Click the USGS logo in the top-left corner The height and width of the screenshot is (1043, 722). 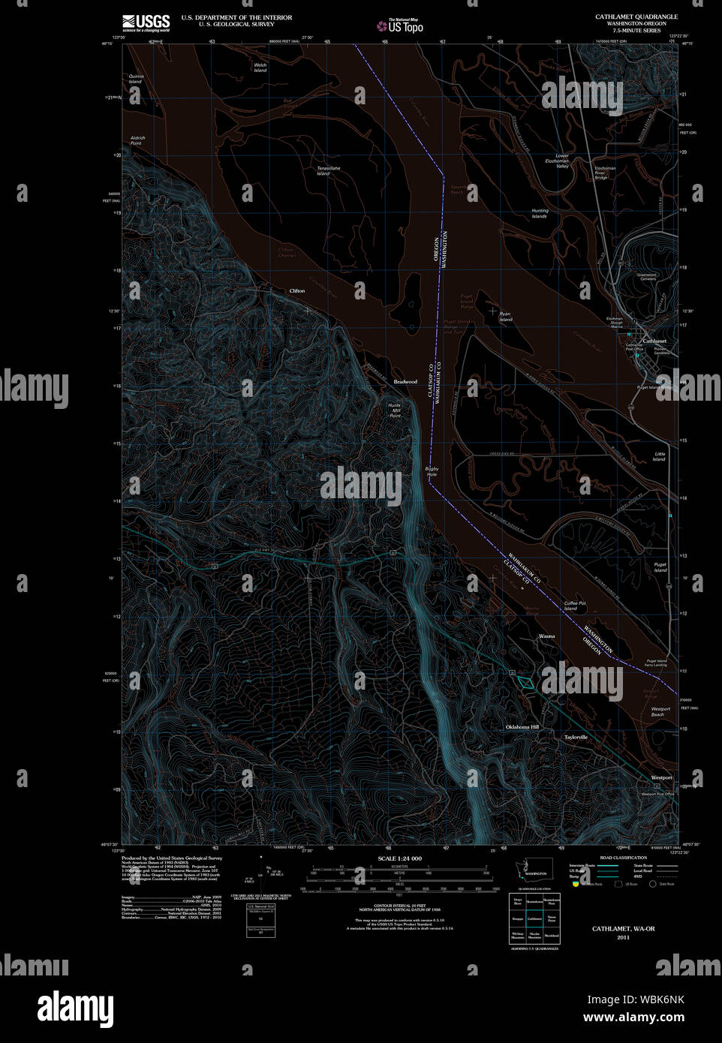(146, 23)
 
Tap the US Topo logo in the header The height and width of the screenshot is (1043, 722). (401, 26)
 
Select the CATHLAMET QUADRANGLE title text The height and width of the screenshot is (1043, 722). (636, 17)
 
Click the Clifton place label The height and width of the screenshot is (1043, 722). (297, 290)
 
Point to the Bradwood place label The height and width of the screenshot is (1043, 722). (405, 382)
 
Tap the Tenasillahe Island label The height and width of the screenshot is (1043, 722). (328, 171)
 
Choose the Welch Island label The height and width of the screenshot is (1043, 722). (260, 68)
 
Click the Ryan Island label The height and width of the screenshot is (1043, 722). (506, 317)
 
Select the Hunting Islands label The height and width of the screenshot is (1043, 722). (540, 213)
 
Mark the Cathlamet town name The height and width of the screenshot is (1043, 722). (654, 341)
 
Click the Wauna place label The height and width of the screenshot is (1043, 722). (547, 636)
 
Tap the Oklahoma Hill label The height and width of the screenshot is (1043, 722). (522, 727)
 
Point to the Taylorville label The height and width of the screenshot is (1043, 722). (576, 737)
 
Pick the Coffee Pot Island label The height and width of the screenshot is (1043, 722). (575, 606)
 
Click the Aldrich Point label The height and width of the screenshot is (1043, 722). (137, 140)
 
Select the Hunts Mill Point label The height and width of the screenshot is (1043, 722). (395, 410)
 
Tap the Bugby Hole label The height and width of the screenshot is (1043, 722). (432, 471)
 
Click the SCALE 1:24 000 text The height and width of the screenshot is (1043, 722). (399, 858)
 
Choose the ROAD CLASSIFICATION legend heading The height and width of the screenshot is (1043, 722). (623, 858)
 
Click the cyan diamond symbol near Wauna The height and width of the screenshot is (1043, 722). (528, 683)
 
